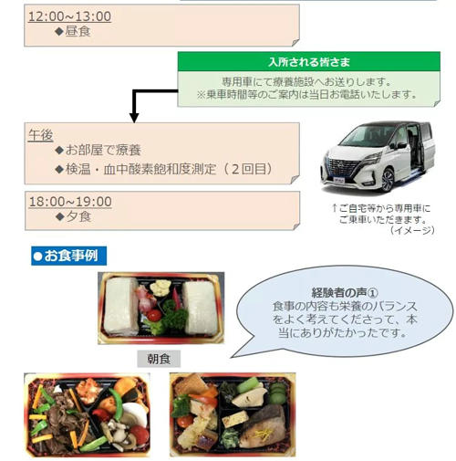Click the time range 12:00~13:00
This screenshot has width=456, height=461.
click(69, 16)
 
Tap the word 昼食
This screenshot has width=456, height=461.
click(78, 31)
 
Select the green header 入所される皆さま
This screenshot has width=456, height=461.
click(309, 62)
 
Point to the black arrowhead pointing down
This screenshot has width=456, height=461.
click(134, 118)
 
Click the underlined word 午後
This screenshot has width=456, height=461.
click(41, 135)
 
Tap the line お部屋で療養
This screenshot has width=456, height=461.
click(103, 150)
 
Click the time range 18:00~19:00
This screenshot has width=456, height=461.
click(70, 202)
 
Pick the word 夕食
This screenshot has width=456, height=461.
click(78, 216)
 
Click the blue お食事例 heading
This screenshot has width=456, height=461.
click(69, 256)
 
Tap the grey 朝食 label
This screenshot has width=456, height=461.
click(159, 359)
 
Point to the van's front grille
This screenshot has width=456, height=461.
click(345, 167)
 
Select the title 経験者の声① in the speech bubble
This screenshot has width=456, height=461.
click(345, 293)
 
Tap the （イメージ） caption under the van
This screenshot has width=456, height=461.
click(412, 230)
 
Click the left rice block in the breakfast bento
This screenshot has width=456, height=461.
click(120, 307)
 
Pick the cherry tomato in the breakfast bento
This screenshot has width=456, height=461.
click(154, 315)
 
